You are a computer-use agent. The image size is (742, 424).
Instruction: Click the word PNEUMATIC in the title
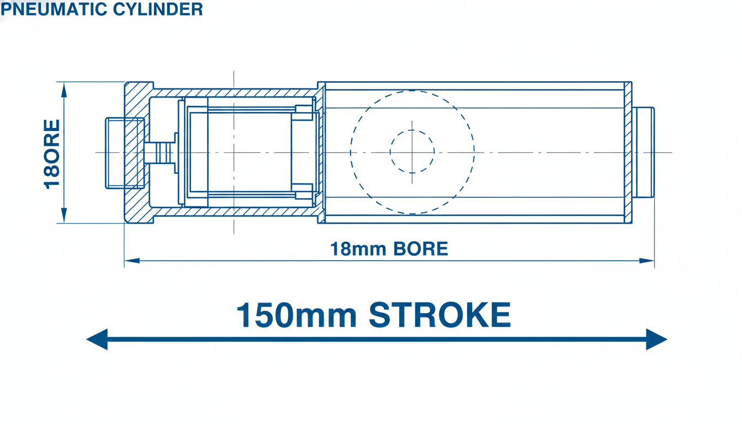point(54,9)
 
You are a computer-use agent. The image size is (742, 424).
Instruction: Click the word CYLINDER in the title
point(158,9)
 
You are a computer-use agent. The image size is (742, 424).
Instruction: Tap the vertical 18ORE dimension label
point(52,155)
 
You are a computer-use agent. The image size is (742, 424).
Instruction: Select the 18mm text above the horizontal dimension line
point(358,249)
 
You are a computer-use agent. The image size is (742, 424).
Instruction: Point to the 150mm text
point(296,315)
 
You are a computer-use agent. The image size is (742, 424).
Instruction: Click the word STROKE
point(439,315)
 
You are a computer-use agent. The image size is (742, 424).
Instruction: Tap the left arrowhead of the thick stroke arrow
point(97,339)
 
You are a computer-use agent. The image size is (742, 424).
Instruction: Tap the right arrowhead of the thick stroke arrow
point(656,339)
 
